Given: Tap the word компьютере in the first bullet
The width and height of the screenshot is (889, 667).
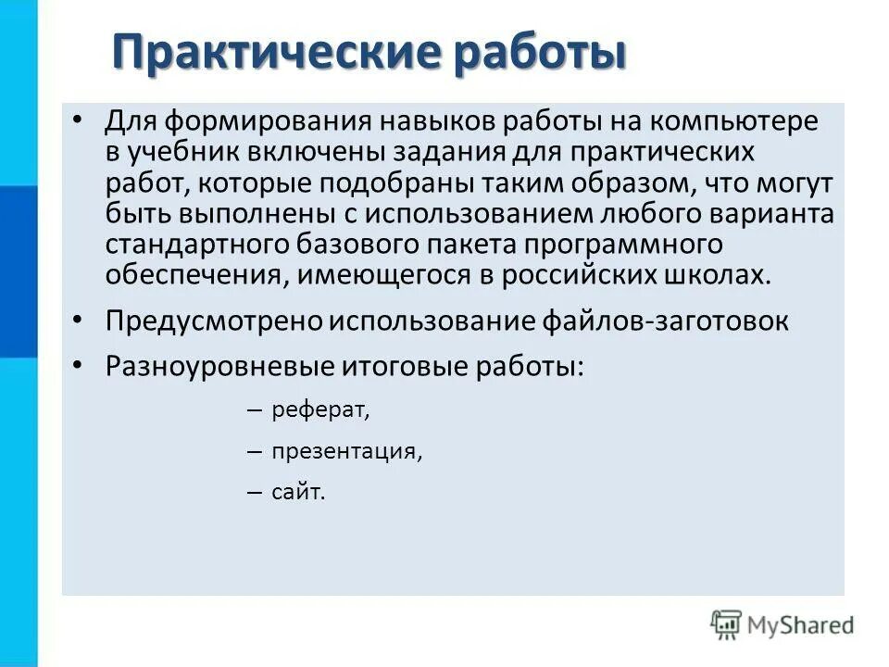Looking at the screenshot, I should (x=732, y=123).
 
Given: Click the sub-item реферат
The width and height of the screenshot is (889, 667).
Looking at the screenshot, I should (x=319, y=410).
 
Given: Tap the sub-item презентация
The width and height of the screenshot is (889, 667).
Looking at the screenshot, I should (x=346, y=452).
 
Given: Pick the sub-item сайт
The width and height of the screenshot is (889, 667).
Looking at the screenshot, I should (x=298, y=494).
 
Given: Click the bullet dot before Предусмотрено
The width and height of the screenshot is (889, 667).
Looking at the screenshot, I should (x=78, y=320).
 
